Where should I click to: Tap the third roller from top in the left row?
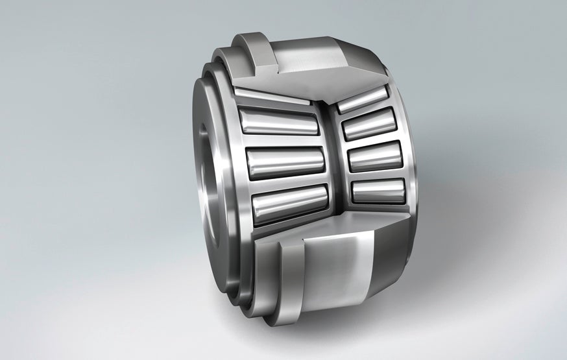pos(285,162)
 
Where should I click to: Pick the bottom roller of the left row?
pos(289,203)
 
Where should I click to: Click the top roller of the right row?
pos(363,98)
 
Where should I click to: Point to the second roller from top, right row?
pos(369,124)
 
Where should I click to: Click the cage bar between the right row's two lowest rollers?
pos(376,174)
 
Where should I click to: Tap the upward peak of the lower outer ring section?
pos(337,221)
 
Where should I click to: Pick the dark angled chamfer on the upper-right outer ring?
pos(367,65)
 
